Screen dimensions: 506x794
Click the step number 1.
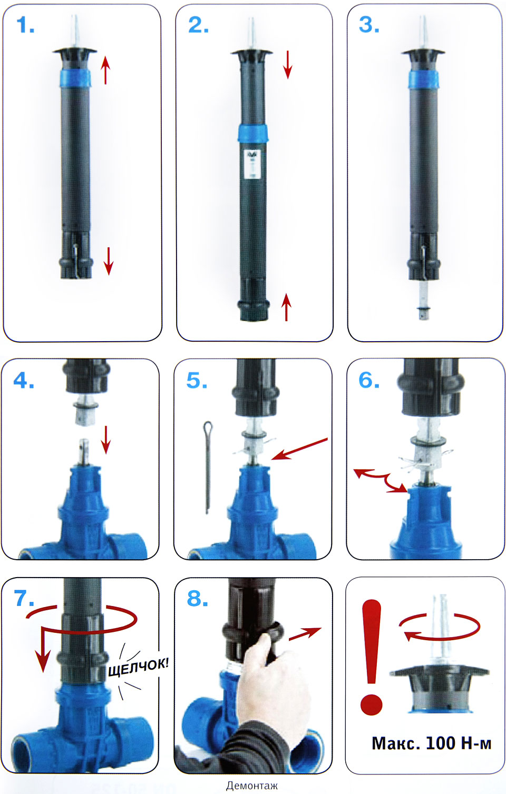coord(25,25)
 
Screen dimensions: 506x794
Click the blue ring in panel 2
coord(252,133)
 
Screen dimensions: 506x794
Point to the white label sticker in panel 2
coord(253,164)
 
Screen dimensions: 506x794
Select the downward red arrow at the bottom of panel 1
coord(109,261)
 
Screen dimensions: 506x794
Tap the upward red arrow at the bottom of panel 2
coord(286,307)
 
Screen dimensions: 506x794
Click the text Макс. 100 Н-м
coord(431,743)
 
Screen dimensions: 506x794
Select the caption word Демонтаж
coord(252,786)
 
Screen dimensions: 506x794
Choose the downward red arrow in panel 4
coord(105,440)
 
